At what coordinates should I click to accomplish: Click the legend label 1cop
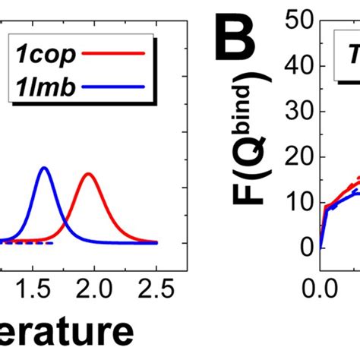pos(45,55)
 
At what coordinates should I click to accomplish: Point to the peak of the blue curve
pos(44,168)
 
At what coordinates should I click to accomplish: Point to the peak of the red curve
pos(89,174)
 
